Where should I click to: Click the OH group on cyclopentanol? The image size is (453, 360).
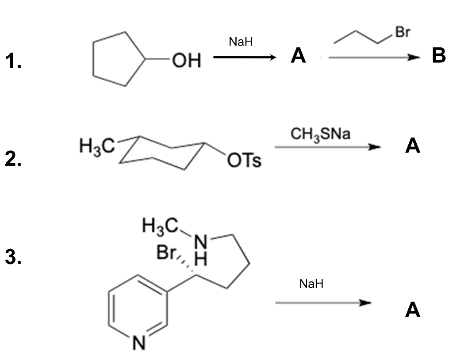186,60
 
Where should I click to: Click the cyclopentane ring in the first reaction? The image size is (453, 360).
116,59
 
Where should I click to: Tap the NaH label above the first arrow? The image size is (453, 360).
241,42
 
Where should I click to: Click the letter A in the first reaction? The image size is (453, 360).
298,56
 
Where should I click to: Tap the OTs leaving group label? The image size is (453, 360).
244,161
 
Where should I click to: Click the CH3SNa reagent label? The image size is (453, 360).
320,133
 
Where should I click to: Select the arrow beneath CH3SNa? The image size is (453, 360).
327,147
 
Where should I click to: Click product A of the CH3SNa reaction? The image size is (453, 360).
412,146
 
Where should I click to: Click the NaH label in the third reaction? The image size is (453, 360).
311,283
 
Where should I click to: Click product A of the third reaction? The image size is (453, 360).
412,310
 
